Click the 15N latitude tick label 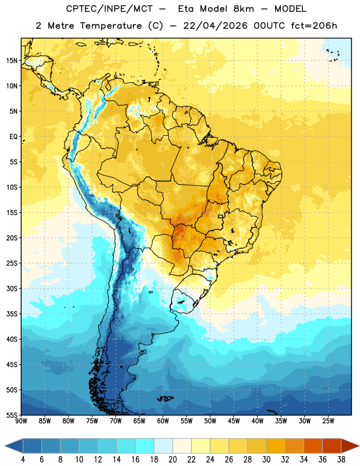[12, 61]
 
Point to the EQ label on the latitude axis [13, 137]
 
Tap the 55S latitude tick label [12, 415]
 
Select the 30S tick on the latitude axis [12, 288]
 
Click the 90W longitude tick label [21, 421]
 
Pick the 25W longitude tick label [328, 421]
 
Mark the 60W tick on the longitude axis [163, 421]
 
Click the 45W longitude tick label [234, 421]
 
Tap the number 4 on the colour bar [23, 460]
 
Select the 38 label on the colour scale [341, 460]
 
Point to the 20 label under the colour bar [172, 460]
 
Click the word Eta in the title [186, 9]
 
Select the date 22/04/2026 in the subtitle [215, 26]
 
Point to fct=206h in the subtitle [314, 26]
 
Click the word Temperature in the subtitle [111, 26]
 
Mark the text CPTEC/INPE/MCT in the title [109, 9]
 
